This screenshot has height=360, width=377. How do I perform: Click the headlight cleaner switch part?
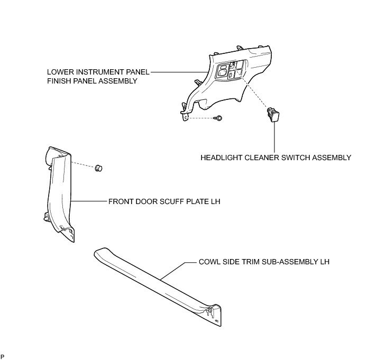pyautogui.click(x=273, y=114)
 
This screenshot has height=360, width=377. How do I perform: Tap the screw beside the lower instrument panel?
pyautogui.click(x=218, y=118)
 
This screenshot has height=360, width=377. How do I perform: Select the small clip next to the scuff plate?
pyautogui.click(x=98, y=168)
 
